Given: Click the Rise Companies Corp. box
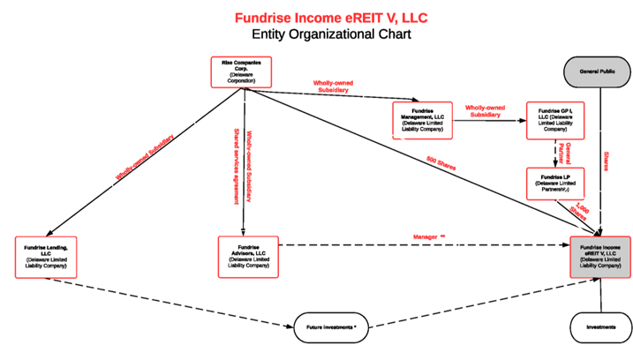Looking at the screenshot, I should (x=240, y=71).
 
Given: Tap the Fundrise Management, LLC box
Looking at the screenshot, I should (x=422, y=121).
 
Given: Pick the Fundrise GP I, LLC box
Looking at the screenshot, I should (x=554, y=121).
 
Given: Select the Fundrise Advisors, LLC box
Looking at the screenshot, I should (x=247, y=257).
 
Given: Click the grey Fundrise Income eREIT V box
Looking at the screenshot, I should (x=600, y=257).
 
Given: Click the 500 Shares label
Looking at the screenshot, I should (x=441, y=164).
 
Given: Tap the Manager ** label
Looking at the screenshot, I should (x=430, y=236).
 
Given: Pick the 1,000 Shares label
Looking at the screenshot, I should (x=580, y=213).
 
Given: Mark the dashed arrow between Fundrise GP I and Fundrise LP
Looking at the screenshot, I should (x=554, y=154).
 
